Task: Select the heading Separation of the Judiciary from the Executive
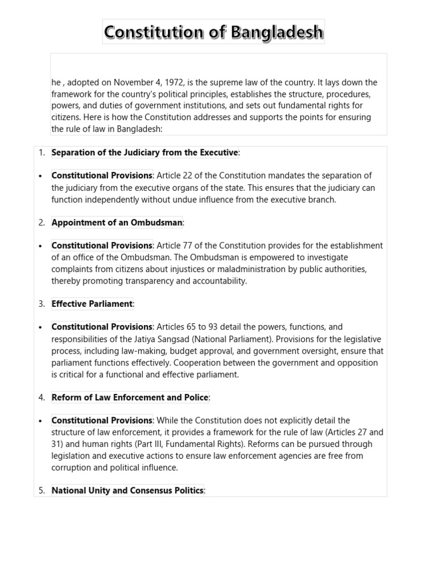pyautogui.click(x=145, y=153)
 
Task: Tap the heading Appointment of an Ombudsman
pyautogui.click(x=117, y=223)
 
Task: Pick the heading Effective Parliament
pyautogui.click(x=92, y=304)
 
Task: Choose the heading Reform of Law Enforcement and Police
pyautogui.click(x=130, y=397)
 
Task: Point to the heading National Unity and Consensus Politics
pyautogui.click(x=127, y=491)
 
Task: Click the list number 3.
pyautogui.click(x=42, y=304)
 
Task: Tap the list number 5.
pyautogui.click(x=42, y=491)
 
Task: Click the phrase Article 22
pyautogui.click(x=176, y=176)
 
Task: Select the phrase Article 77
pyautogui.click(x=176, y=246)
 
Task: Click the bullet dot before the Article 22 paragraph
pyautogui.click(x=40, y=176)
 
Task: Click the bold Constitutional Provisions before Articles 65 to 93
pyautogui.click(x=102, y=327)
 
